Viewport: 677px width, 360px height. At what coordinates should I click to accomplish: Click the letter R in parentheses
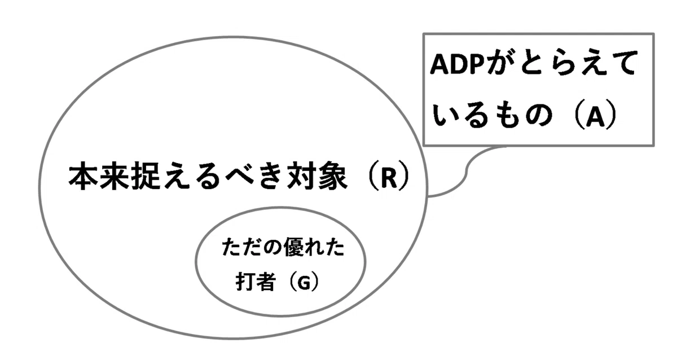click(x=389, y=178)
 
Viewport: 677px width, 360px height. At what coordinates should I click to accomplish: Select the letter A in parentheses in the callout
click(x=595, y=117)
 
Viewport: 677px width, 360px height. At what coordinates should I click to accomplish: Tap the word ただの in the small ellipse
click(x=253, y=247)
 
